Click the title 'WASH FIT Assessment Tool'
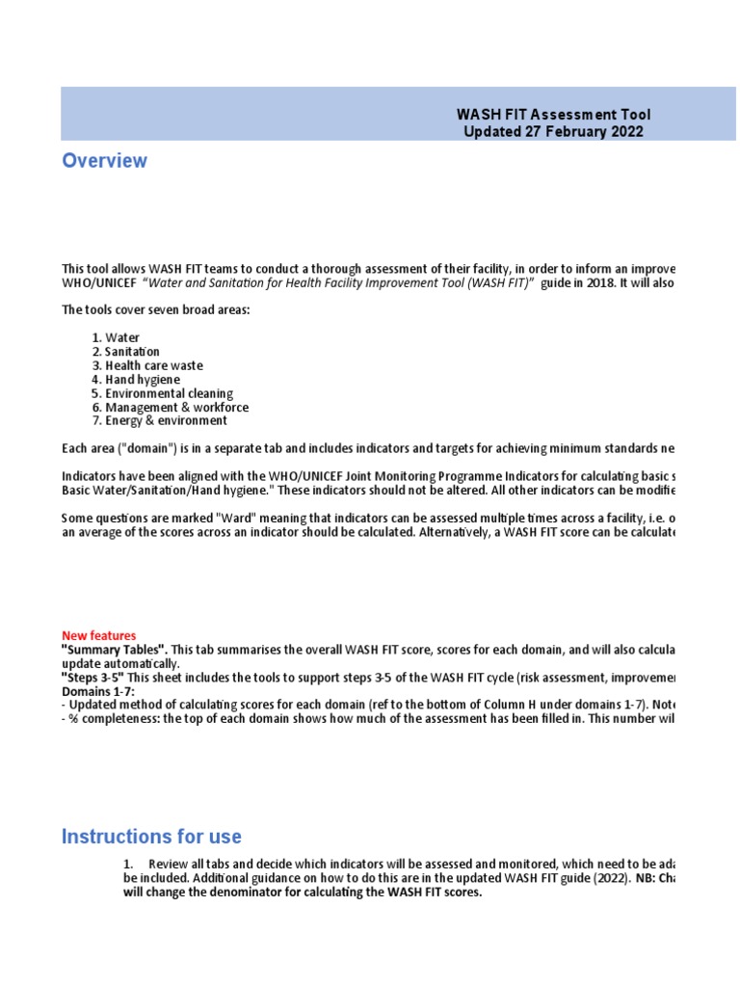(x=553, y=115)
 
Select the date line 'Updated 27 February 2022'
(x=553, y=132)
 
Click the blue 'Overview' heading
(x=104, y=161)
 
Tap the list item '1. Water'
(x=116, y=338)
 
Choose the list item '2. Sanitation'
(x=125, y=352)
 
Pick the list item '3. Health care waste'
(x=147, y=365)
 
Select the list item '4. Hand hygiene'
(x=136, y=380)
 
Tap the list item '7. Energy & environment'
(x=159, y=421)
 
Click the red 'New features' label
(x=98, y=636)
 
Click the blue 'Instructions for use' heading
(x=151, y=837)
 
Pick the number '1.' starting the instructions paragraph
(x=128, y=865)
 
